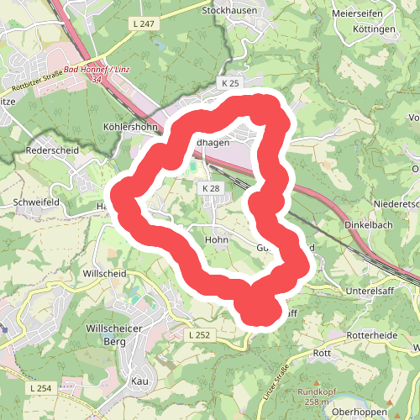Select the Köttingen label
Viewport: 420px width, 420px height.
pos(375,29)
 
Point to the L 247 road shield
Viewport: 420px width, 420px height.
pos(144,24)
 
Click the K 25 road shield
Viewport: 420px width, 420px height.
pos(231,84)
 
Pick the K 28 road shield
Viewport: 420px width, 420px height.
pos(210,189)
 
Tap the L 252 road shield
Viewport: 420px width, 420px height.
pos(198,334)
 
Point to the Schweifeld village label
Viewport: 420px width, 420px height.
pos(35,202)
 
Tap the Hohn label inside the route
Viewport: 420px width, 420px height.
pos(217,239)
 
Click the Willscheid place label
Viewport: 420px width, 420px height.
pos(104,274)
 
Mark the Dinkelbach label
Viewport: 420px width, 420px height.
pos(370,225)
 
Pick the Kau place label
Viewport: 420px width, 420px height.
pos(140,381)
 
